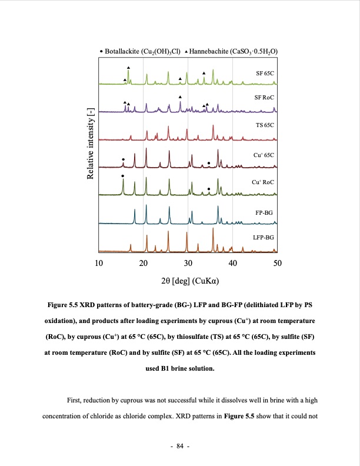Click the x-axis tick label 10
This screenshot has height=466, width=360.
point(99,262)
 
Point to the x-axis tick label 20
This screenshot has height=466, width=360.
point(144,262)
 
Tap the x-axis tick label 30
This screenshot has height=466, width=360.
point(188,262)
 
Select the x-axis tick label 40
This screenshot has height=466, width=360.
point(233,262)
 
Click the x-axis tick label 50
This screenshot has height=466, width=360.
point(278,262)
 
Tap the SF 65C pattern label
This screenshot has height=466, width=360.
point(265,73)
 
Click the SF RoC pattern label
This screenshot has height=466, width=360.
point(264,96)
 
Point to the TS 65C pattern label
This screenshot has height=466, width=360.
point(265,125)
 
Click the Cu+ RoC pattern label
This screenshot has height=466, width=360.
point(263,182)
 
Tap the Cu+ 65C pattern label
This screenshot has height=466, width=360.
point(264,154)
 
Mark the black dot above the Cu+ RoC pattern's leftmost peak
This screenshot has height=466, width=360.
point(122,175)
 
